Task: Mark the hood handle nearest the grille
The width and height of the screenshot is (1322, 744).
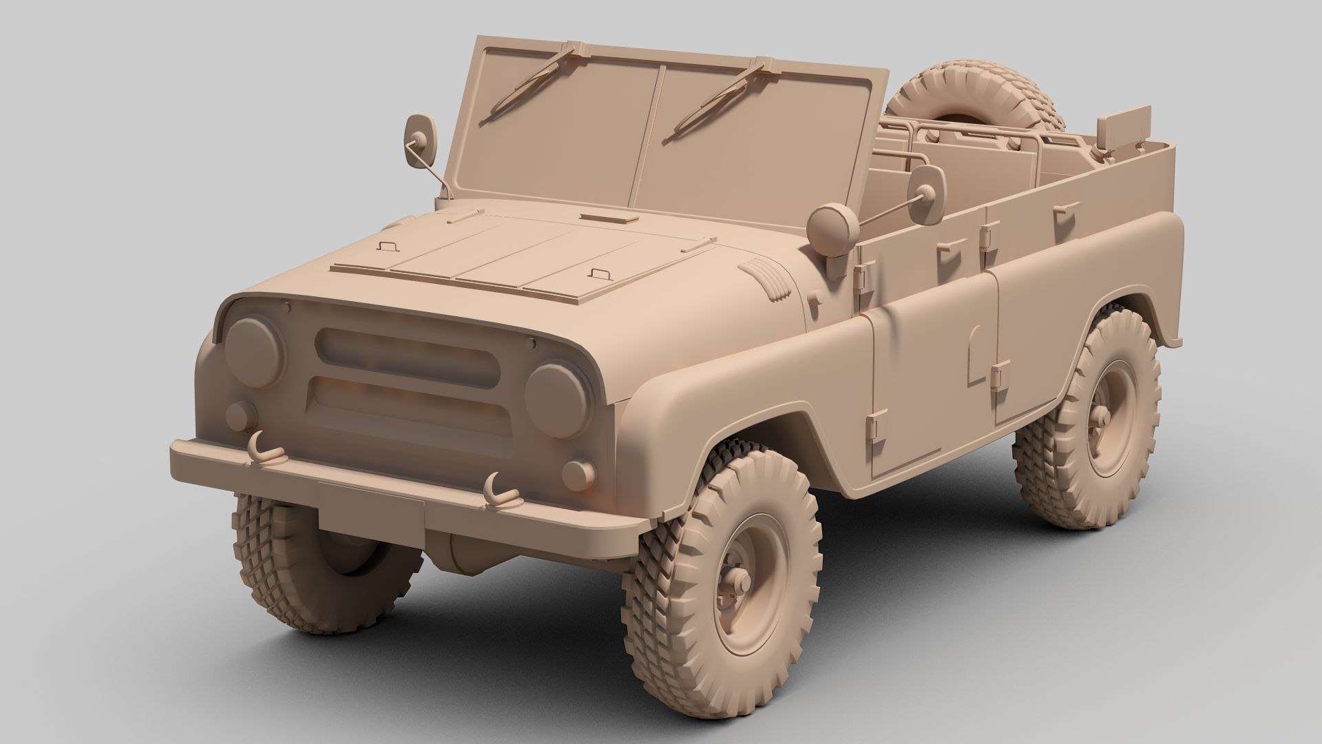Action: [x=600, y=273]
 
